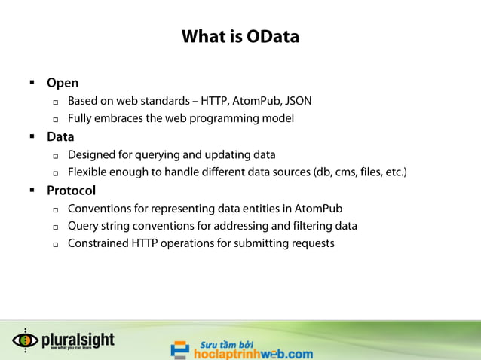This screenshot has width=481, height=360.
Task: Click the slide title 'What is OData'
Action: (x=240, y=36)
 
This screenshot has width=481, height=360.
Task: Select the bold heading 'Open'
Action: (x=63, y=83)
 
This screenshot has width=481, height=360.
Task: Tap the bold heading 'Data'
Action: (x=60, y=137)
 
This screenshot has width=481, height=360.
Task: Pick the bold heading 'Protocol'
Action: (x=71, y=191)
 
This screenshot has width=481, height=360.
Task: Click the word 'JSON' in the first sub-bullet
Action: (x=298, y=101)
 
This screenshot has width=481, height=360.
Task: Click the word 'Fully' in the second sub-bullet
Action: (x=80, y=118)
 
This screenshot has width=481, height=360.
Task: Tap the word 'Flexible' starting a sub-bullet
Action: (x=89, y=172)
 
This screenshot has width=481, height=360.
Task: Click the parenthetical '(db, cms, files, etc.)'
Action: (x=360, y=172)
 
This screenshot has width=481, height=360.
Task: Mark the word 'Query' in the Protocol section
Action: (x=83, y=226)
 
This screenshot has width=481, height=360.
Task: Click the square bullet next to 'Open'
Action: (x=32, y=83)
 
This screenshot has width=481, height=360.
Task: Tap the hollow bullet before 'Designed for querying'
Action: (x=56, y=156)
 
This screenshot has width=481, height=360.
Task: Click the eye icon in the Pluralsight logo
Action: (x=25, y=340)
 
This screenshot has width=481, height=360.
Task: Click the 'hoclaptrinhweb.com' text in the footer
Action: (x=253, y=353)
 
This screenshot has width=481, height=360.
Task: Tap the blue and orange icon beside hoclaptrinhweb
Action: (x=179, y=349)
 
